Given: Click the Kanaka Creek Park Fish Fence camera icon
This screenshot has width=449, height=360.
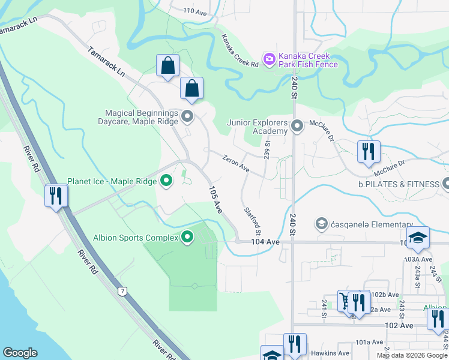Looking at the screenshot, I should point(269,59).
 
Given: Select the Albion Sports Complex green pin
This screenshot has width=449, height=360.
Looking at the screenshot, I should point(187,238).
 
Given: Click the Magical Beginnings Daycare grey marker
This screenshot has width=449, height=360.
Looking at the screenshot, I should point(187,116).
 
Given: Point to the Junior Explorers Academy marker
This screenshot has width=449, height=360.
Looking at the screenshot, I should point(297,126).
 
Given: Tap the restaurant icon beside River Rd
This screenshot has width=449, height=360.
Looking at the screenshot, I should point(56,196).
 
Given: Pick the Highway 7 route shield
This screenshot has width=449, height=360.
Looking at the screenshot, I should point(122,291).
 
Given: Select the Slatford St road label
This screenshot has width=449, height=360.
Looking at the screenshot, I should point(253,221).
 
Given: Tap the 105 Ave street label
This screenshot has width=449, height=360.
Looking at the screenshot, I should point(215,200).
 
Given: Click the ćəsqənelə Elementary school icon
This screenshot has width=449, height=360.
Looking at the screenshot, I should point(321,224).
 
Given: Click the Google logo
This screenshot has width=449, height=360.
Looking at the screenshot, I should point(20,353).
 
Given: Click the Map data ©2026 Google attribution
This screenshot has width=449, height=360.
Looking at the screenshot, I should point(412,355).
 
